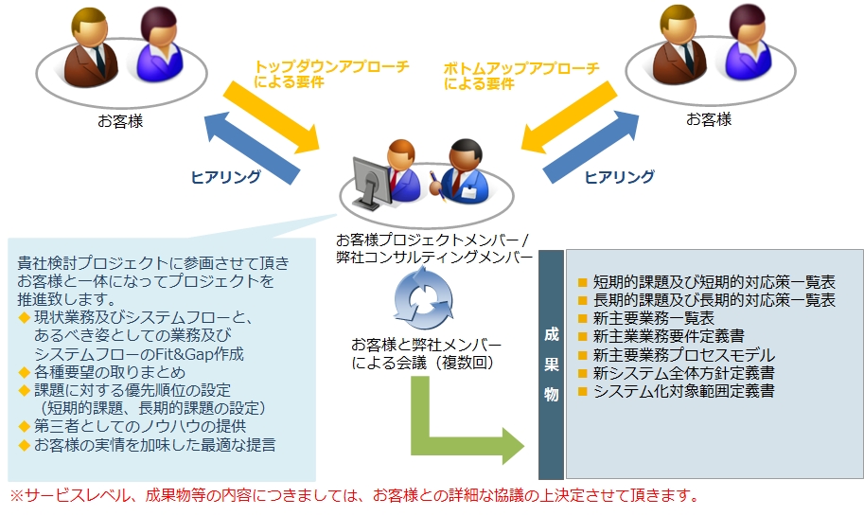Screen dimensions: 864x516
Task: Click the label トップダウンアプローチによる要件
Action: click(331, 75)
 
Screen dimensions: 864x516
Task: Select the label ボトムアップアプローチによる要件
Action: click(521, 76)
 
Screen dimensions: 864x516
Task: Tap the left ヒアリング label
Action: click(226, 177)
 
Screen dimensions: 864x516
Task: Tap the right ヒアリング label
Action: click(619, 177)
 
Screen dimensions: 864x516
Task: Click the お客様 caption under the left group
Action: click(121, 121)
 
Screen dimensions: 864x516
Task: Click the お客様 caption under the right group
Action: click(709, 119)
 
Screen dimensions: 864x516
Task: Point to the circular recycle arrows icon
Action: click(423, 298)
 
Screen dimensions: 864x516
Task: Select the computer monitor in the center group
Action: click(370, 183)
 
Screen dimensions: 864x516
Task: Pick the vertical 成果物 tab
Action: click(551, 365)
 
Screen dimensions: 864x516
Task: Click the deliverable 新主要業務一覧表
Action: click(653, 318)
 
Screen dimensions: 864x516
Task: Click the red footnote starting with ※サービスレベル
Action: click(354, 495)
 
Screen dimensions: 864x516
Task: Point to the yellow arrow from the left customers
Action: click(272, 116)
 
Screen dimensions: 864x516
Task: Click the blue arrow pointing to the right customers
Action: click(591, 147)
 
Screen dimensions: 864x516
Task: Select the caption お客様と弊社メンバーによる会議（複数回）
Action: click(427, 353)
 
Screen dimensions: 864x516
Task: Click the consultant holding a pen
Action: click(459, 171)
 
